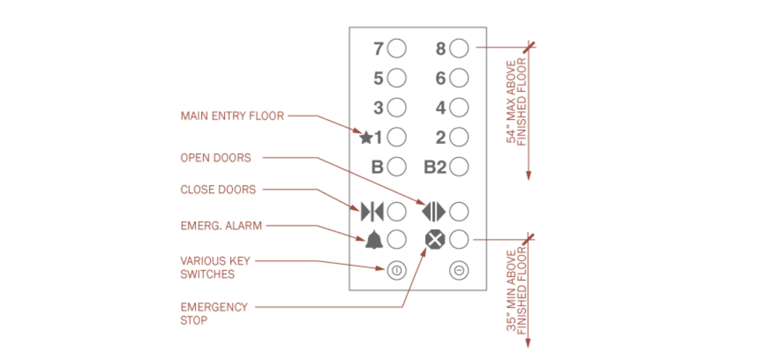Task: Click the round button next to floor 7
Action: click(x=396, y=49)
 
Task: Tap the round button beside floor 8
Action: click(x=459, y=49)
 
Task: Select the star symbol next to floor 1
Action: click(x=366, y=138)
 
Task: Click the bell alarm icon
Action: click(x=374, y=240)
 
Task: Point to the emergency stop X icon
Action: click(x=434, y=240)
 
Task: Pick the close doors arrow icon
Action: click(x=372, y=212)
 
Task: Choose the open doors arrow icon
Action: click(x=434, y=212)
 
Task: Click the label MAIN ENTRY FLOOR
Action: click(x=232, y=116)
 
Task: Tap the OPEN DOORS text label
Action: click(x=215, y=158)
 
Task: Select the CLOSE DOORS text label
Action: click(x=218, y=190)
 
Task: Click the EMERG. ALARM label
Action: click(x=221, y=226)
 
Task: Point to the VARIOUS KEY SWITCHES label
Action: click(x=215, y=267)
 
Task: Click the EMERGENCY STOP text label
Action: click(x=214, y=313)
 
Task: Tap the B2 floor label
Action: click(x=435, y=167)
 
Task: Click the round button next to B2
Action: click(x=459, y=167)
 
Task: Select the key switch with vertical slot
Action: click(x=396, y=270)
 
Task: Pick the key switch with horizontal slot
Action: click(x=459, y=270)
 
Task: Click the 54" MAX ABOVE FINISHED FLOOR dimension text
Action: click(x=516, y=101)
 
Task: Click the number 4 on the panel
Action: click(x=440, y=108)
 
